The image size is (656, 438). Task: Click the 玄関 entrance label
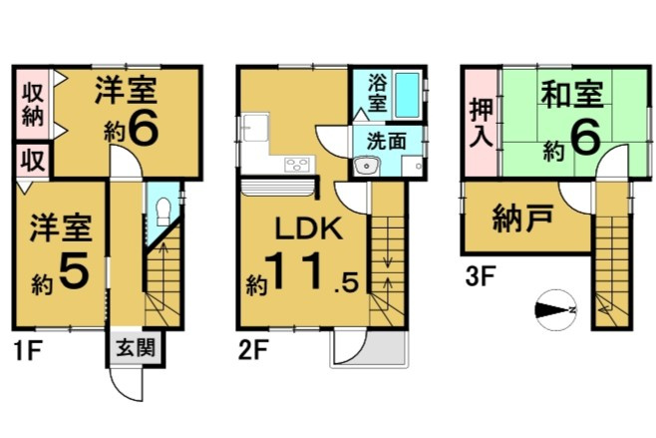tap(136, 347)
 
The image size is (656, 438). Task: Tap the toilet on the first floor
tap(164, 212)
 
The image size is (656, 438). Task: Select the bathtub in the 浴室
tap(407, 96)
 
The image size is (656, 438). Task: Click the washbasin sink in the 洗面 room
tap(367, 167)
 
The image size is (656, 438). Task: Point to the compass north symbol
tap(556, 310)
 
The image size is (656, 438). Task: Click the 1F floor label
tap(27, 352)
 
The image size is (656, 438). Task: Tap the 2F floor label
tap(252, 351)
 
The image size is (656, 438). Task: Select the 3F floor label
tap(481, 276)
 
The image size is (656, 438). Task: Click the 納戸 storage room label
tap(523, 218)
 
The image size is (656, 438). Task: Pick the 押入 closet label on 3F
tap(482, 123)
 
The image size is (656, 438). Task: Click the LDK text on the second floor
tap(308, 228)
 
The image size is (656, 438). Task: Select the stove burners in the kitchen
tap(299, 165)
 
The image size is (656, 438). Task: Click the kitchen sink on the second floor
tap(255, 128)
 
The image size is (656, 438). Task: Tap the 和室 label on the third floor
tap(572, 94)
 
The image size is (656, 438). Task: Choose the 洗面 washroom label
tap(387, 141)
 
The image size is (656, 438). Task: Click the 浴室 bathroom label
tap(378, 93)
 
